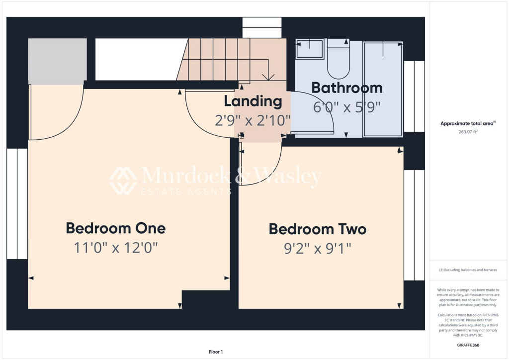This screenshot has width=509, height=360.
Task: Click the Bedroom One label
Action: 115,228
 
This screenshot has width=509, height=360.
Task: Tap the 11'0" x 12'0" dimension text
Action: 115,247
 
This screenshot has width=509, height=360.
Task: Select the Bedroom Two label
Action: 317,229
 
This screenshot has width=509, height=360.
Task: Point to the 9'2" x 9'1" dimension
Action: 317,248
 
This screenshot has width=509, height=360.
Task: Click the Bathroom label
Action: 346,88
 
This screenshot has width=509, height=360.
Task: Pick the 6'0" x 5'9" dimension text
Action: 346,107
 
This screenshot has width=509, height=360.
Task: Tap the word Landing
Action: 253,101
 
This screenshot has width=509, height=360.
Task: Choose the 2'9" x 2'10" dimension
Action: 253,120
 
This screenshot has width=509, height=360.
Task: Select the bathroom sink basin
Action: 310,49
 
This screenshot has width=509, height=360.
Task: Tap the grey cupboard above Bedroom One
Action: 57,61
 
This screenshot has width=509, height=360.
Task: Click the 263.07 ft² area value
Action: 469,132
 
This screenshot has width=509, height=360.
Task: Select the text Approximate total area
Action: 467,123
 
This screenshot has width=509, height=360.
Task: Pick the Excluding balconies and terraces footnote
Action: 468,270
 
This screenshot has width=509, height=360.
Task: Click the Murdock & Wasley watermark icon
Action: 123,180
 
